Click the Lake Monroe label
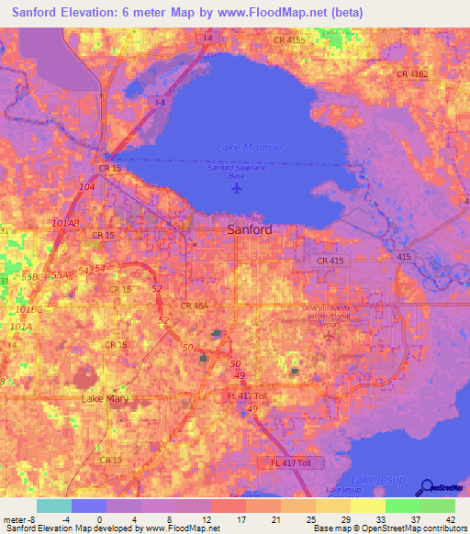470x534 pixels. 248,148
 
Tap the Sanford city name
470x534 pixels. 249,229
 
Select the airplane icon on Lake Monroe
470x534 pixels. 239,188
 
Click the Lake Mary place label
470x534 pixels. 106,399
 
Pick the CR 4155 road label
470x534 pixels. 289,40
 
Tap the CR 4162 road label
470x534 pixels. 413,73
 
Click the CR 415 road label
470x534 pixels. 332,261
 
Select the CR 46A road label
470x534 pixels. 195,306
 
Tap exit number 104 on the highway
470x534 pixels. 87,187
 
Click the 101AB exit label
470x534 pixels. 66,223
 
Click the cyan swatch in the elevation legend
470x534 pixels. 53,506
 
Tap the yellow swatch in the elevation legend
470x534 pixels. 367,506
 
